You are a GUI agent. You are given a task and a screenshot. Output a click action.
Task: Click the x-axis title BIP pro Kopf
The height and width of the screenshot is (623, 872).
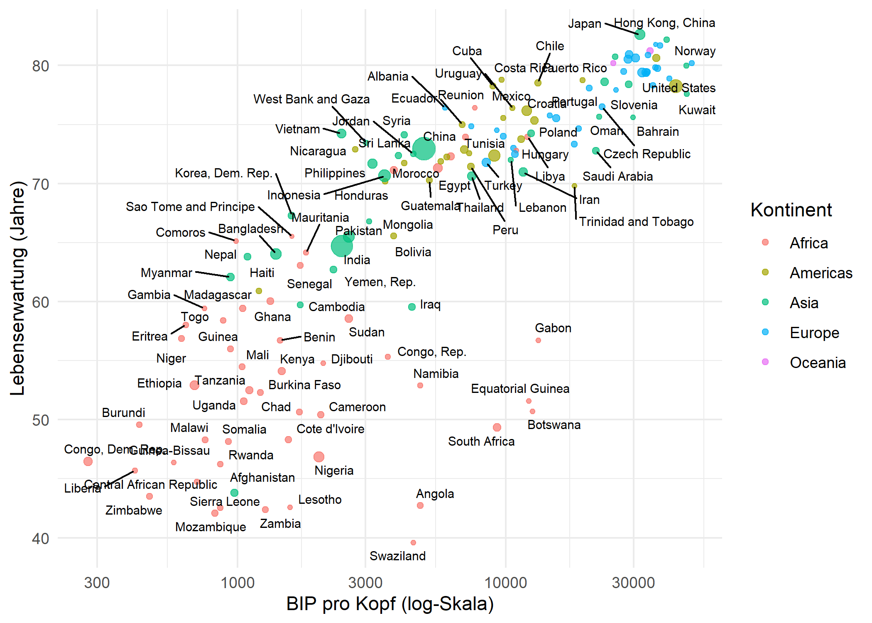click(x=389, y=603)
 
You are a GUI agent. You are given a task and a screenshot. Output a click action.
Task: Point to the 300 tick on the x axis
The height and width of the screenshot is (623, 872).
click(x=97, y=583)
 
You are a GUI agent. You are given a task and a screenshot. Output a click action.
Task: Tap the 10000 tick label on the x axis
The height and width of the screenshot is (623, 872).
click(x=505, y=583)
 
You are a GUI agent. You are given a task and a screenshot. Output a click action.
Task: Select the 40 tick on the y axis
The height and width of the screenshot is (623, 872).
click(x=41, y=539)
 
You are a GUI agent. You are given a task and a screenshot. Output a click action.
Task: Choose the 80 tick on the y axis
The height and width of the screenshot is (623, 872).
click(x=41, y=66)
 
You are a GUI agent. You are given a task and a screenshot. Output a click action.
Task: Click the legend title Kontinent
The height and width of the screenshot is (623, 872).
click(x=791, y=210)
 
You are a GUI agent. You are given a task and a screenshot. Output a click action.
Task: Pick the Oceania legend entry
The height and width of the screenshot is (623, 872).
click(x=817, y=363)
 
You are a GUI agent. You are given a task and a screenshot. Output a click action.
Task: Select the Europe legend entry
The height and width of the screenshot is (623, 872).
click(x=814, y=333)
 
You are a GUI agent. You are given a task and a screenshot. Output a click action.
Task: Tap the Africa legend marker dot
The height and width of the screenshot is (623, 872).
click(x=765, y=243)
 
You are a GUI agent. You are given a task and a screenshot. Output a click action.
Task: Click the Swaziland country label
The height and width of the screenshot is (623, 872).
click(x=397, y=556)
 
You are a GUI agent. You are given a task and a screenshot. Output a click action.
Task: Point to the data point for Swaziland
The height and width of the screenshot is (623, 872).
click(x=413, y=542)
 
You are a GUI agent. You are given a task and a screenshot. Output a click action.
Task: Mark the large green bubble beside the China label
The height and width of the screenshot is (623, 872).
click(x=424, y=149)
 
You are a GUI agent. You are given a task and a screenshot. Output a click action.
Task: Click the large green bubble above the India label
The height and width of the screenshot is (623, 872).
click(x=342, y=246)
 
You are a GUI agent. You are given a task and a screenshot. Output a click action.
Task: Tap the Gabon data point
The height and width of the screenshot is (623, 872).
click(x=538, y=340)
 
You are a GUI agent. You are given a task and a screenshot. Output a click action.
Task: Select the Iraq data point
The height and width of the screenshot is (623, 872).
click(x=412, y=307)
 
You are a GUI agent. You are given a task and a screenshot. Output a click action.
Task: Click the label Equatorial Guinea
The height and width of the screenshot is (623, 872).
click(x=520, y=389)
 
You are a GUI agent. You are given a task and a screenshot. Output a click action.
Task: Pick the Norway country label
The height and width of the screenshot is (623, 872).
click(x=695, y=51)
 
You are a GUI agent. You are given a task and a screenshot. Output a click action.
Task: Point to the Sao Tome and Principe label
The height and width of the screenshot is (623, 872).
click(x=190, y=207)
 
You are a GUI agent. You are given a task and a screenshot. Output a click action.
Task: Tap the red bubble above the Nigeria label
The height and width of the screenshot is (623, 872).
click(x=318, y=457)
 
